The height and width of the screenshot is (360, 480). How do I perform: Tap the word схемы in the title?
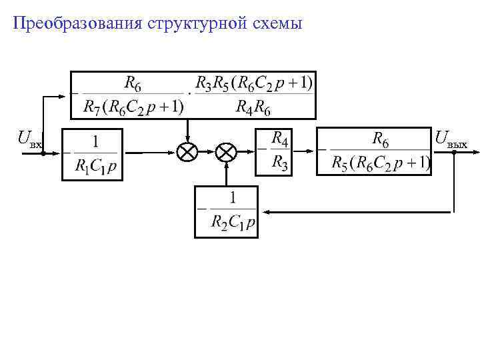[275, 24]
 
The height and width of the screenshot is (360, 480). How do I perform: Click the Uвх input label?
[30, 140]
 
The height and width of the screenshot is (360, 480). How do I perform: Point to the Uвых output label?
[451, 140]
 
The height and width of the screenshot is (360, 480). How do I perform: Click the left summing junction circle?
[187, 152]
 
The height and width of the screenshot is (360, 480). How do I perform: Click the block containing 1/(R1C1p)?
[92, 154]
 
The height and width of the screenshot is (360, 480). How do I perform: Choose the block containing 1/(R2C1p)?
[225, 211]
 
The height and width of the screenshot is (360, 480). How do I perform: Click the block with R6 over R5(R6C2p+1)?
[373, 151]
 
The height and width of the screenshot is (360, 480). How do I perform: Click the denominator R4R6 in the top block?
[254, 107]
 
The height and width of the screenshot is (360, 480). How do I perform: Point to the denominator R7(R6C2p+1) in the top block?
[134, 107]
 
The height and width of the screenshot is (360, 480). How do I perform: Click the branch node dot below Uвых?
[454, 152]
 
